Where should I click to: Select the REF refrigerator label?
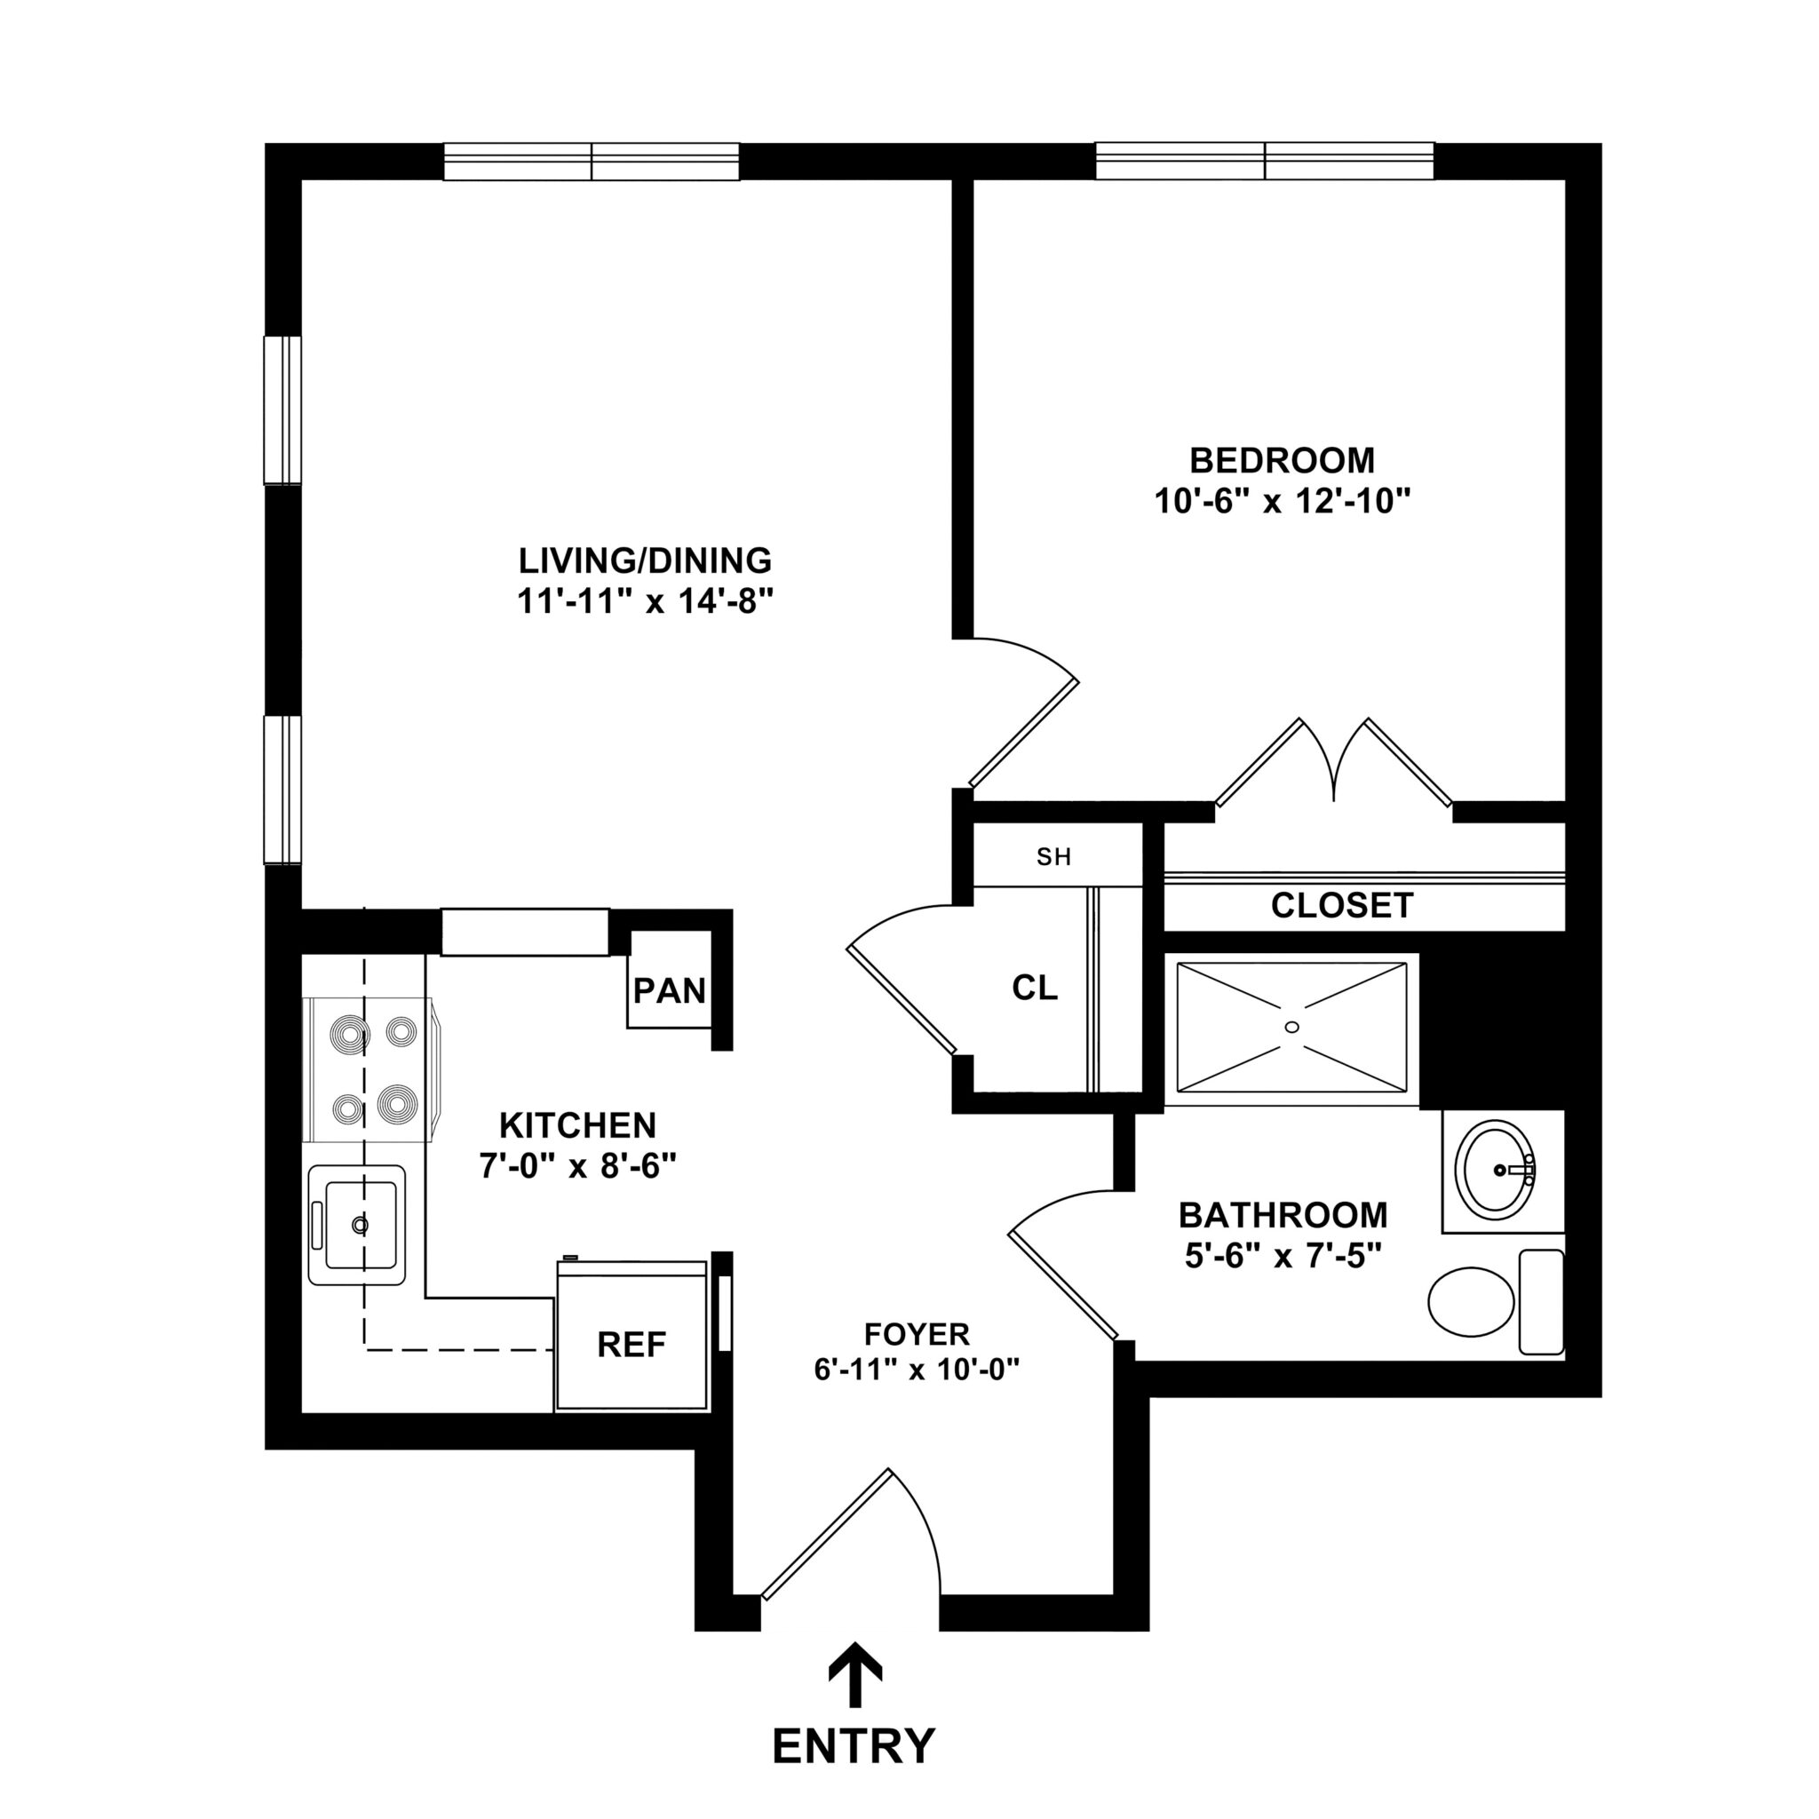click(631, 1345)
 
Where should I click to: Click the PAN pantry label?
click(670, 990)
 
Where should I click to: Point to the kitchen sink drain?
click(359, 1225)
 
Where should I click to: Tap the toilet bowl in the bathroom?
click(1471, 1301)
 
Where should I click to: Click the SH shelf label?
click(1053, 857)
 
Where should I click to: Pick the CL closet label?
click(1035, 988)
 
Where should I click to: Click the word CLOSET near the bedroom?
click(1342, 906)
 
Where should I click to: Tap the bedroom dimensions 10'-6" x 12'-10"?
click(1283, 501)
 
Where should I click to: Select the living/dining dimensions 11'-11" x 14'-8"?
click(645, 600)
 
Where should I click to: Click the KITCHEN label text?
click(577, 1125)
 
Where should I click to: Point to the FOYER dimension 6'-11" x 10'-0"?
click(917, 1369)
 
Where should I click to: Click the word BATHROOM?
click(1283, 1216)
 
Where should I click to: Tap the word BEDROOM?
click(1282, 460)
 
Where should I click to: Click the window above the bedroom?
click(1265, 161)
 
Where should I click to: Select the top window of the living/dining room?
click(592, 161)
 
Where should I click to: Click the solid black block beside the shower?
click(1491, 1031)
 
